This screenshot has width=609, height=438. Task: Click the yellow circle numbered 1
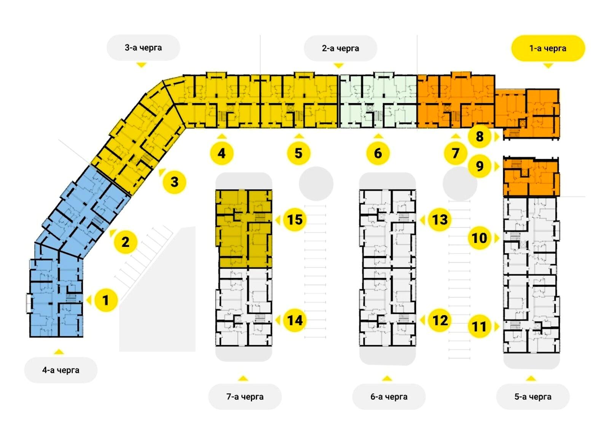click(106, 300)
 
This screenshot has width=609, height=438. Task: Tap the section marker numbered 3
click(174, 182)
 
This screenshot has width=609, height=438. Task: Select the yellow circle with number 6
click(378, 153)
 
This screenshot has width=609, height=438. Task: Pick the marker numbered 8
click(479, 136)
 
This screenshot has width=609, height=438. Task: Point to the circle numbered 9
click(479, 166)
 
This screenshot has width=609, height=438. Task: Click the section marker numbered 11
click(479, 326)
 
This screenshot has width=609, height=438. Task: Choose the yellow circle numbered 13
click(440, 220)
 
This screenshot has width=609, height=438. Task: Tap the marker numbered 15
click(295, 220)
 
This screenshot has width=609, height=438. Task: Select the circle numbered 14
click(295, 320)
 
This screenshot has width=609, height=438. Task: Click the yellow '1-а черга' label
click(548, 48)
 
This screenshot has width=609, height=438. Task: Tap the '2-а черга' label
click(340, 48)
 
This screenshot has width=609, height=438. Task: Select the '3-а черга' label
click(143, 48)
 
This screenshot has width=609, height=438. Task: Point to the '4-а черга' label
click(61, 370)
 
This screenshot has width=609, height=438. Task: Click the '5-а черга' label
click(532, 397)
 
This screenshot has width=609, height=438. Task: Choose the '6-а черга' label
click(389, 397)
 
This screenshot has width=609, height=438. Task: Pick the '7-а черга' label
click(245, 397)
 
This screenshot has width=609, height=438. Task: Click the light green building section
click(378, 100)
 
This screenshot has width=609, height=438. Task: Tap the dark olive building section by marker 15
click(244, 228)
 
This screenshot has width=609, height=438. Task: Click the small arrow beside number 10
click(497, 238)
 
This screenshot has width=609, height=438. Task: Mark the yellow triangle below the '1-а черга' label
click(548, 65)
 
